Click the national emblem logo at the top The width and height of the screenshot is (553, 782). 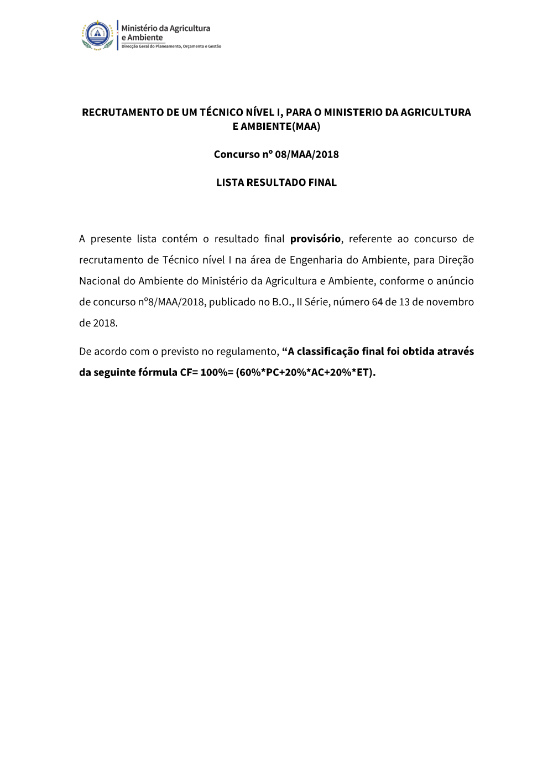click(x=97, y=35)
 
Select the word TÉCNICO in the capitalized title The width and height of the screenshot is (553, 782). click(x=221, y=112)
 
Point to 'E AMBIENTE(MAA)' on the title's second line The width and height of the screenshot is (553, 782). click(x=276, y=126)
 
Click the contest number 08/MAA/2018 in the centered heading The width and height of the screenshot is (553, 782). click(x=306, y=154)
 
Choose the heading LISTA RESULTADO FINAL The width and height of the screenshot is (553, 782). click(x=276, y=183)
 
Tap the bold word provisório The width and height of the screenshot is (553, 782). click(x=315, y=239)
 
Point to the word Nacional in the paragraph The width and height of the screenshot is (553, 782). click(x=100, y=281)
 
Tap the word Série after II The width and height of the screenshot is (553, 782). click(x=317, y=302)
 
